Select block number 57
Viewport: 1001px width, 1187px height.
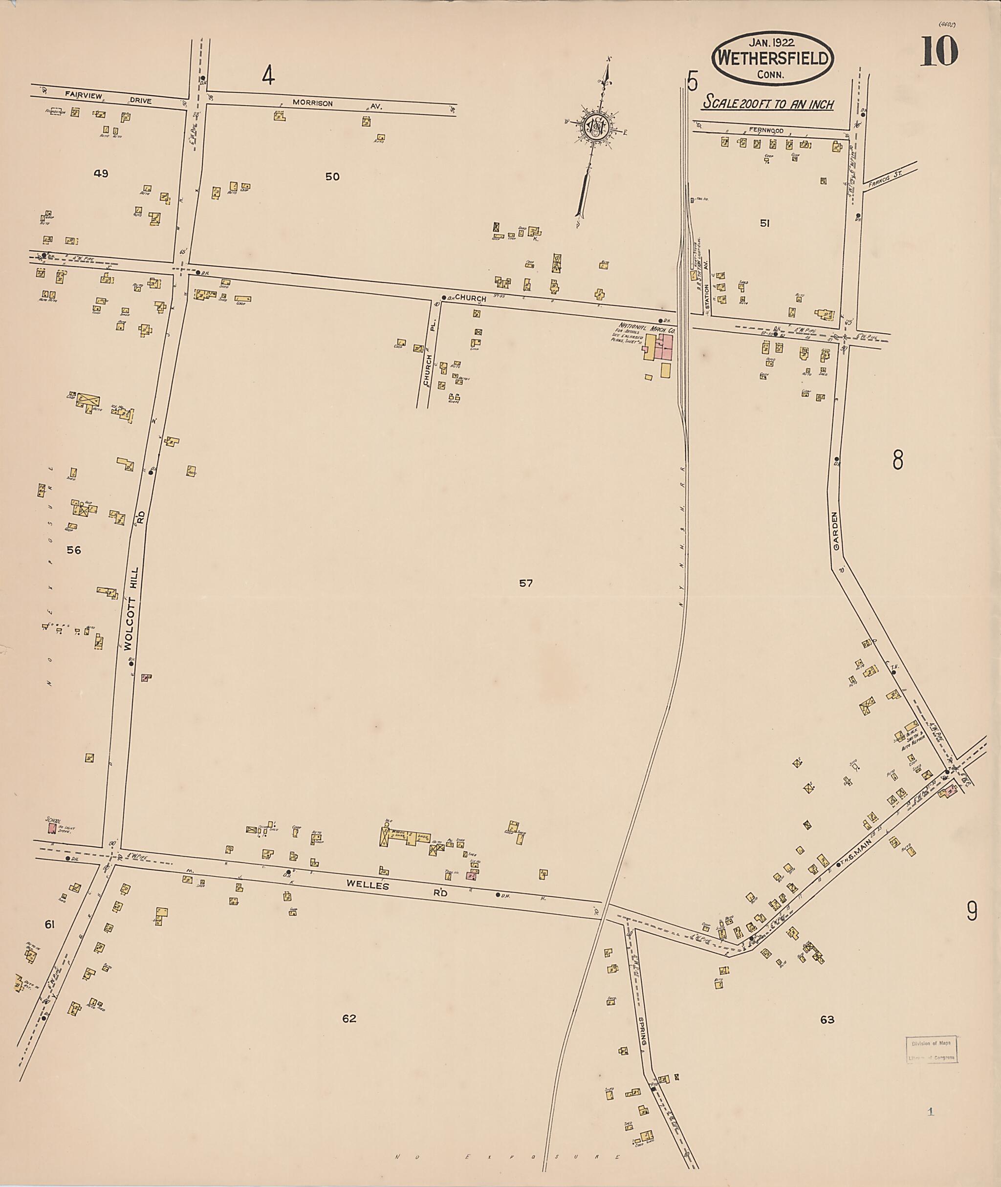pos(525,583)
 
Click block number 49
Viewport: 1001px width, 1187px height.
pos(101,173)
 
